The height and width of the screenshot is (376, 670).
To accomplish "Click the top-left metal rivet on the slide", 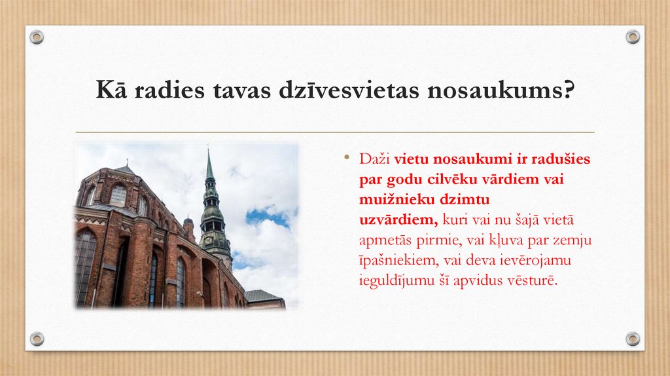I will tap(37, 37).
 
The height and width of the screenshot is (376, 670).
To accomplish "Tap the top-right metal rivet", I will tap(633, 37).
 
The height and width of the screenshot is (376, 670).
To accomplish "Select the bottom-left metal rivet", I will tap(37, 339).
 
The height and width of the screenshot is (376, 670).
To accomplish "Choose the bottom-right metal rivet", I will tap(633, 339).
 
